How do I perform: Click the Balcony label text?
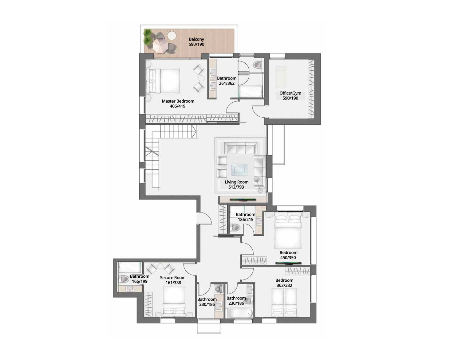(x=196, y=39)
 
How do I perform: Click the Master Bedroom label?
(x=178, y=101)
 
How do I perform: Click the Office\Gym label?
(x=290, y=93)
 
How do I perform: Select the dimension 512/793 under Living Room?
(x=236, y=187)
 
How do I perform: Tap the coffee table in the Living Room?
(x=239, y=170)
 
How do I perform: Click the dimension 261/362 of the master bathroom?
(x=227, y=83)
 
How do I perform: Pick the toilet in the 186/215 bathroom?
(x=235, y=228)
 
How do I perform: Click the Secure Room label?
(x=173, y=278)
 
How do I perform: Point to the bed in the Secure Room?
(x=174, y=301)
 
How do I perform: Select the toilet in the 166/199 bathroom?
(x=124, y=279)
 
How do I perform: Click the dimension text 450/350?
(x=288, y=258)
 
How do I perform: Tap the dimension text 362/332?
(x=284, y=286)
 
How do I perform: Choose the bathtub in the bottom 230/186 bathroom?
(x=239, y=313)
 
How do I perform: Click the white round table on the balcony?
(x=172, y=35)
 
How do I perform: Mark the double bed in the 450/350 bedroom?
(x=288, y=231)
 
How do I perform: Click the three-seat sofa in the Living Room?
(x=240, y=147)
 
